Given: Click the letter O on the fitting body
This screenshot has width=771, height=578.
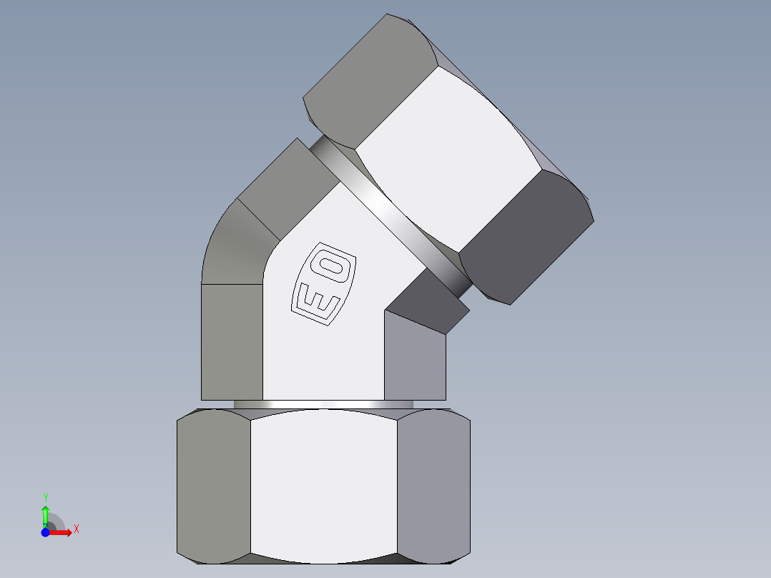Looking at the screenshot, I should (334, 268).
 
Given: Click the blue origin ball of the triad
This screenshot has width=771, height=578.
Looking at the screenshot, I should (45, 532).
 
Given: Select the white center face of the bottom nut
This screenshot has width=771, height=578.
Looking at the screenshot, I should (323, 485).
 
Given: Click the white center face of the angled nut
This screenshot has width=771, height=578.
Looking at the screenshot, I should (448, 157).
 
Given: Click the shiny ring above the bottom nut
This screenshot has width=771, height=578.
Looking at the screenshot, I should (323, 404).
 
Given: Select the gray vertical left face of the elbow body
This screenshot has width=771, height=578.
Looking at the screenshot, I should (232, 342).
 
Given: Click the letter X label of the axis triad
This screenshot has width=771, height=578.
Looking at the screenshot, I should (76, 529).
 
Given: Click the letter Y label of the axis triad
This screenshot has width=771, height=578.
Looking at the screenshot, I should (45, 497).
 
